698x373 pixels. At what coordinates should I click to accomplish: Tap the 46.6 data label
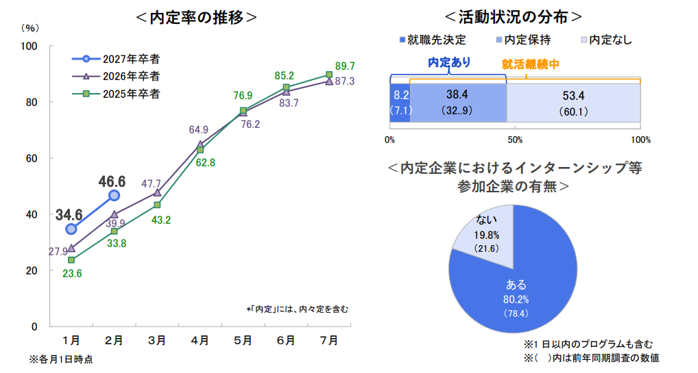tap(112, 181)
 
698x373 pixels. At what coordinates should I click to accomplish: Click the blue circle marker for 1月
tap(71, 229)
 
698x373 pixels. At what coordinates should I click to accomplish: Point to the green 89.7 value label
tap(345, 66)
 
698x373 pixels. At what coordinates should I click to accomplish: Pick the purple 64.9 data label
tap(199, 129)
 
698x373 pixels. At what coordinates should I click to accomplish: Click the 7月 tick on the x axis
tap(329, 340)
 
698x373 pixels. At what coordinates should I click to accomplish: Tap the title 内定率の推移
tap(196, 17)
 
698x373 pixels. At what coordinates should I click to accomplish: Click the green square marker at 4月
tap(200, 150)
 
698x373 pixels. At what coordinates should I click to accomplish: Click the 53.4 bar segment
tap(573, 103)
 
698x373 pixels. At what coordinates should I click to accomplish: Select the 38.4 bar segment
tap(457, 103)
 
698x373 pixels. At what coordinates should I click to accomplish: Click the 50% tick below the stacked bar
tap(515, 140)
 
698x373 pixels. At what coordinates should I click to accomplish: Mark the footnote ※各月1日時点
tap(61, 359)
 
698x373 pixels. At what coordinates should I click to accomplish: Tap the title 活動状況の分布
tap(514, 17)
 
